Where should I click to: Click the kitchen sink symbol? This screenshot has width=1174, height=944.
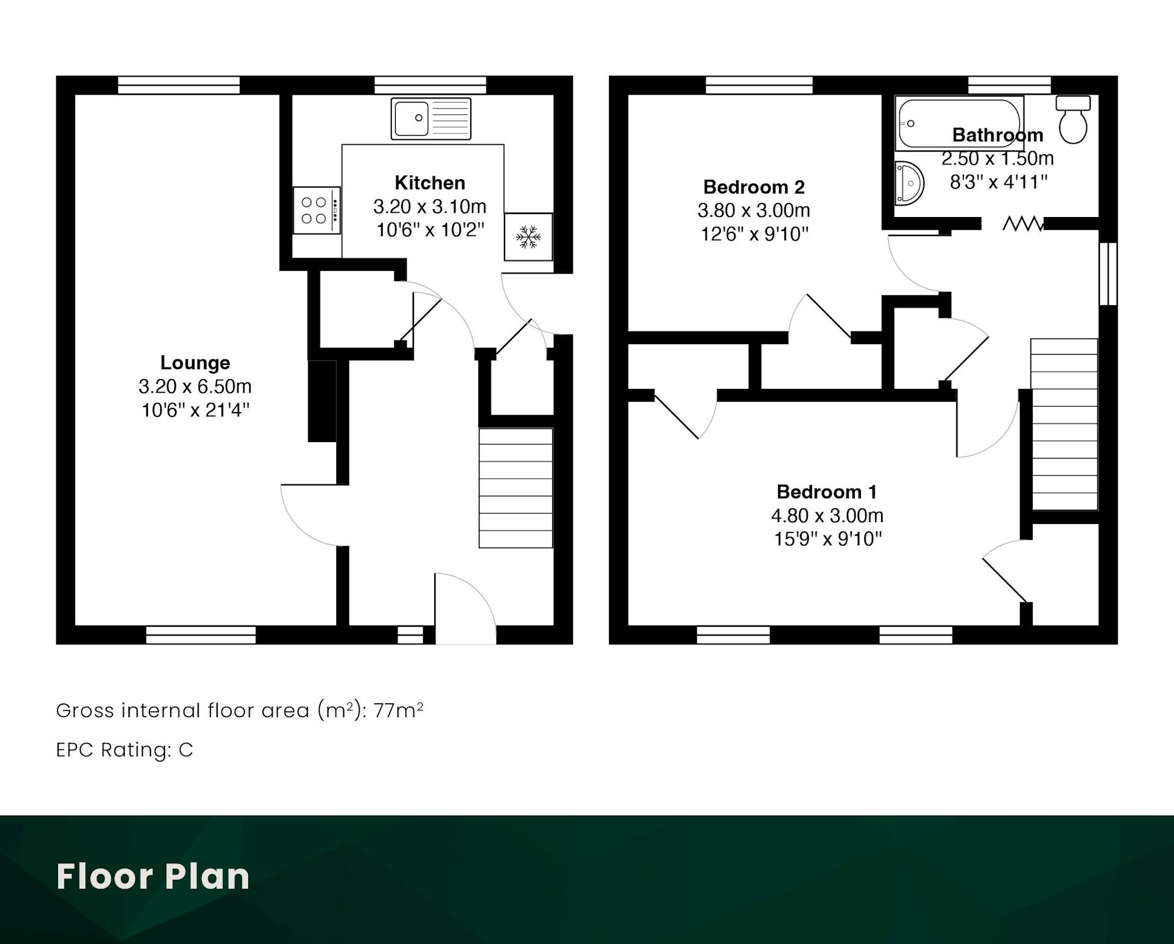click(x=431, y=119)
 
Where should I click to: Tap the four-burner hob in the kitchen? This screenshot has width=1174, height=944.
click(x=317, y=210)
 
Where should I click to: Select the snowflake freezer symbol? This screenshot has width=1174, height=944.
click(x=528, y=237)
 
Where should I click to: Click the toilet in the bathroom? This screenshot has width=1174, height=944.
click(x=1073, y=119)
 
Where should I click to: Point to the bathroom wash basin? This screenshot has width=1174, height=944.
click(x=909, y=183)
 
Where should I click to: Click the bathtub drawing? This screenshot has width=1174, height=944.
click(x=959, y=125)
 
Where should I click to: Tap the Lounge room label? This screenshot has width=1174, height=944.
click(x=195, y=363)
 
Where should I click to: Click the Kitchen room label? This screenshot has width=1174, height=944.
click(x=430, y=183)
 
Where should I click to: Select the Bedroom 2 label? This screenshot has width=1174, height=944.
click(x=754, y=186)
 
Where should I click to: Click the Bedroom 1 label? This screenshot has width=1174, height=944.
click(x=827, y=492)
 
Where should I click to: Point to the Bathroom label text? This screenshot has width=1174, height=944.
click(x=998, y=135)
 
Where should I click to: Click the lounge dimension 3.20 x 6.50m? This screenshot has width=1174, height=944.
click(x=195, y=386)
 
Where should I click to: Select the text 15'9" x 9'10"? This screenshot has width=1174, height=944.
click(x=828, y=539)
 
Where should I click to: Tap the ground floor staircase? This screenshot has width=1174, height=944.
click(x=515, y=488)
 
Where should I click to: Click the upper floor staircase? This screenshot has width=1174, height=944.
click(x=1064, y=424)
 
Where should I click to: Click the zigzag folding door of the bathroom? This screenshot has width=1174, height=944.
click(x=1022, y=224)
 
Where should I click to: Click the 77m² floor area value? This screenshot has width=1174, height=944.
click(x=398, y=710)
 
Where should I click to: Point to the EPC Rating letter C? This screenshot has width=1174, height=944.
click(x=186, y=750)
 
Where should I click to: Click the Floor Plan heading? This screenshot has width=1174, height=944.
click(x=153, y=876)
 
